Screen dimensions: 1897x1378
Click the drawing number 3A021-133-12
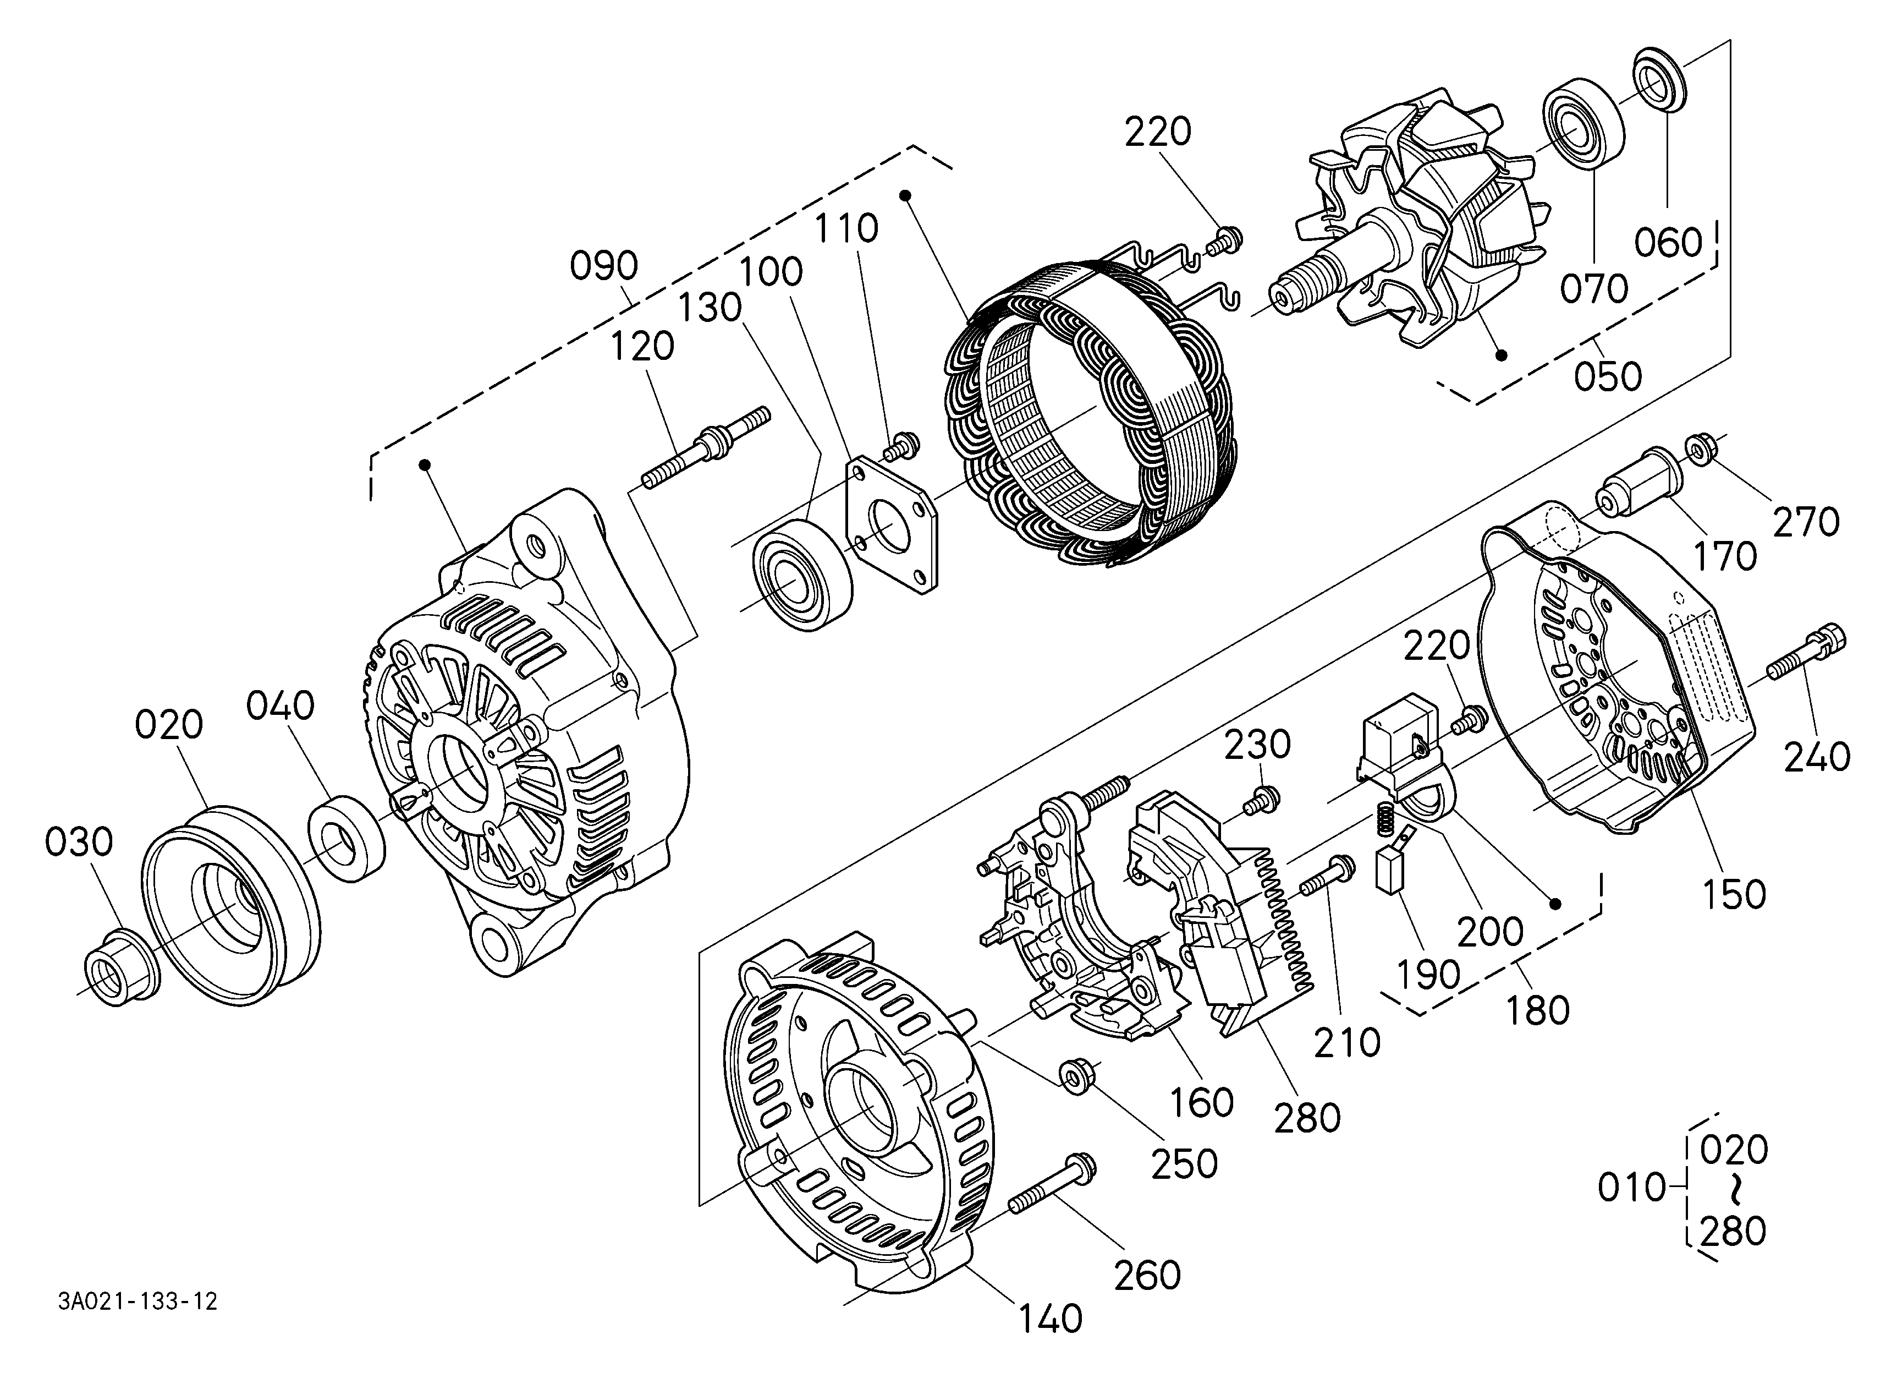click(x=138, y=1303)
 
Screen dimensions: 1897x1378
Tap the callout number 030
click(x=79, y=843)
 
